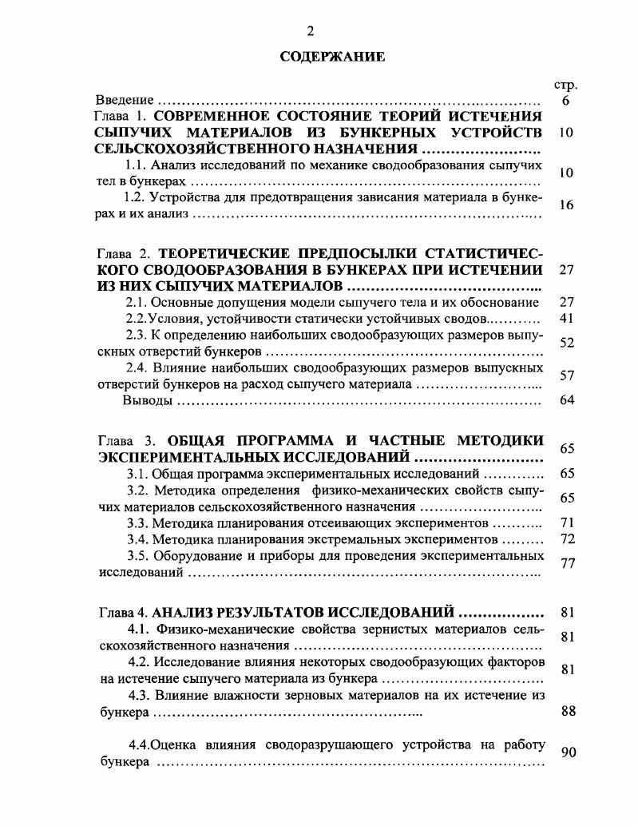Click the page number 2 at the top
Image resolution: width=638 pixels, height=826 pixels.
pos(311,31)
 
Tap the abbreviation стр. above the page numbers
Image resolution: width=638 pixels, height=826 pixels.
pos(565,85)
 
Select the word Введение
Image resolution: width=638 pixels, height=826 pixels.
pos(125,101)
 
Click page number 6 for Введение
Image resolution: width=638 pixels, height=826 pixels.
pos(565,101)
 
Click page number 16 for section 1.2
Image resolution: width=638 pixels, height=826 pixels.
pos(566,205)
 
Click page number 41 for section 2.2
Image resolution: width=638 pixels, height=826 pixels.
pos(567,318)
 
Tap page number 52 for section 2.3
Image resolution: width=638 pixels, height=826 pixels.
pos(567,343)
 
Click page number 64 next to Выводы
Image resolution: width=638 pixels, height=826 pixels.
pos(567,400)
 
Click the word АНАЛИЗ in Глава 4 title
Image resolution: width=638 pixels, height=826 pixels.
pos(180,613)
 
